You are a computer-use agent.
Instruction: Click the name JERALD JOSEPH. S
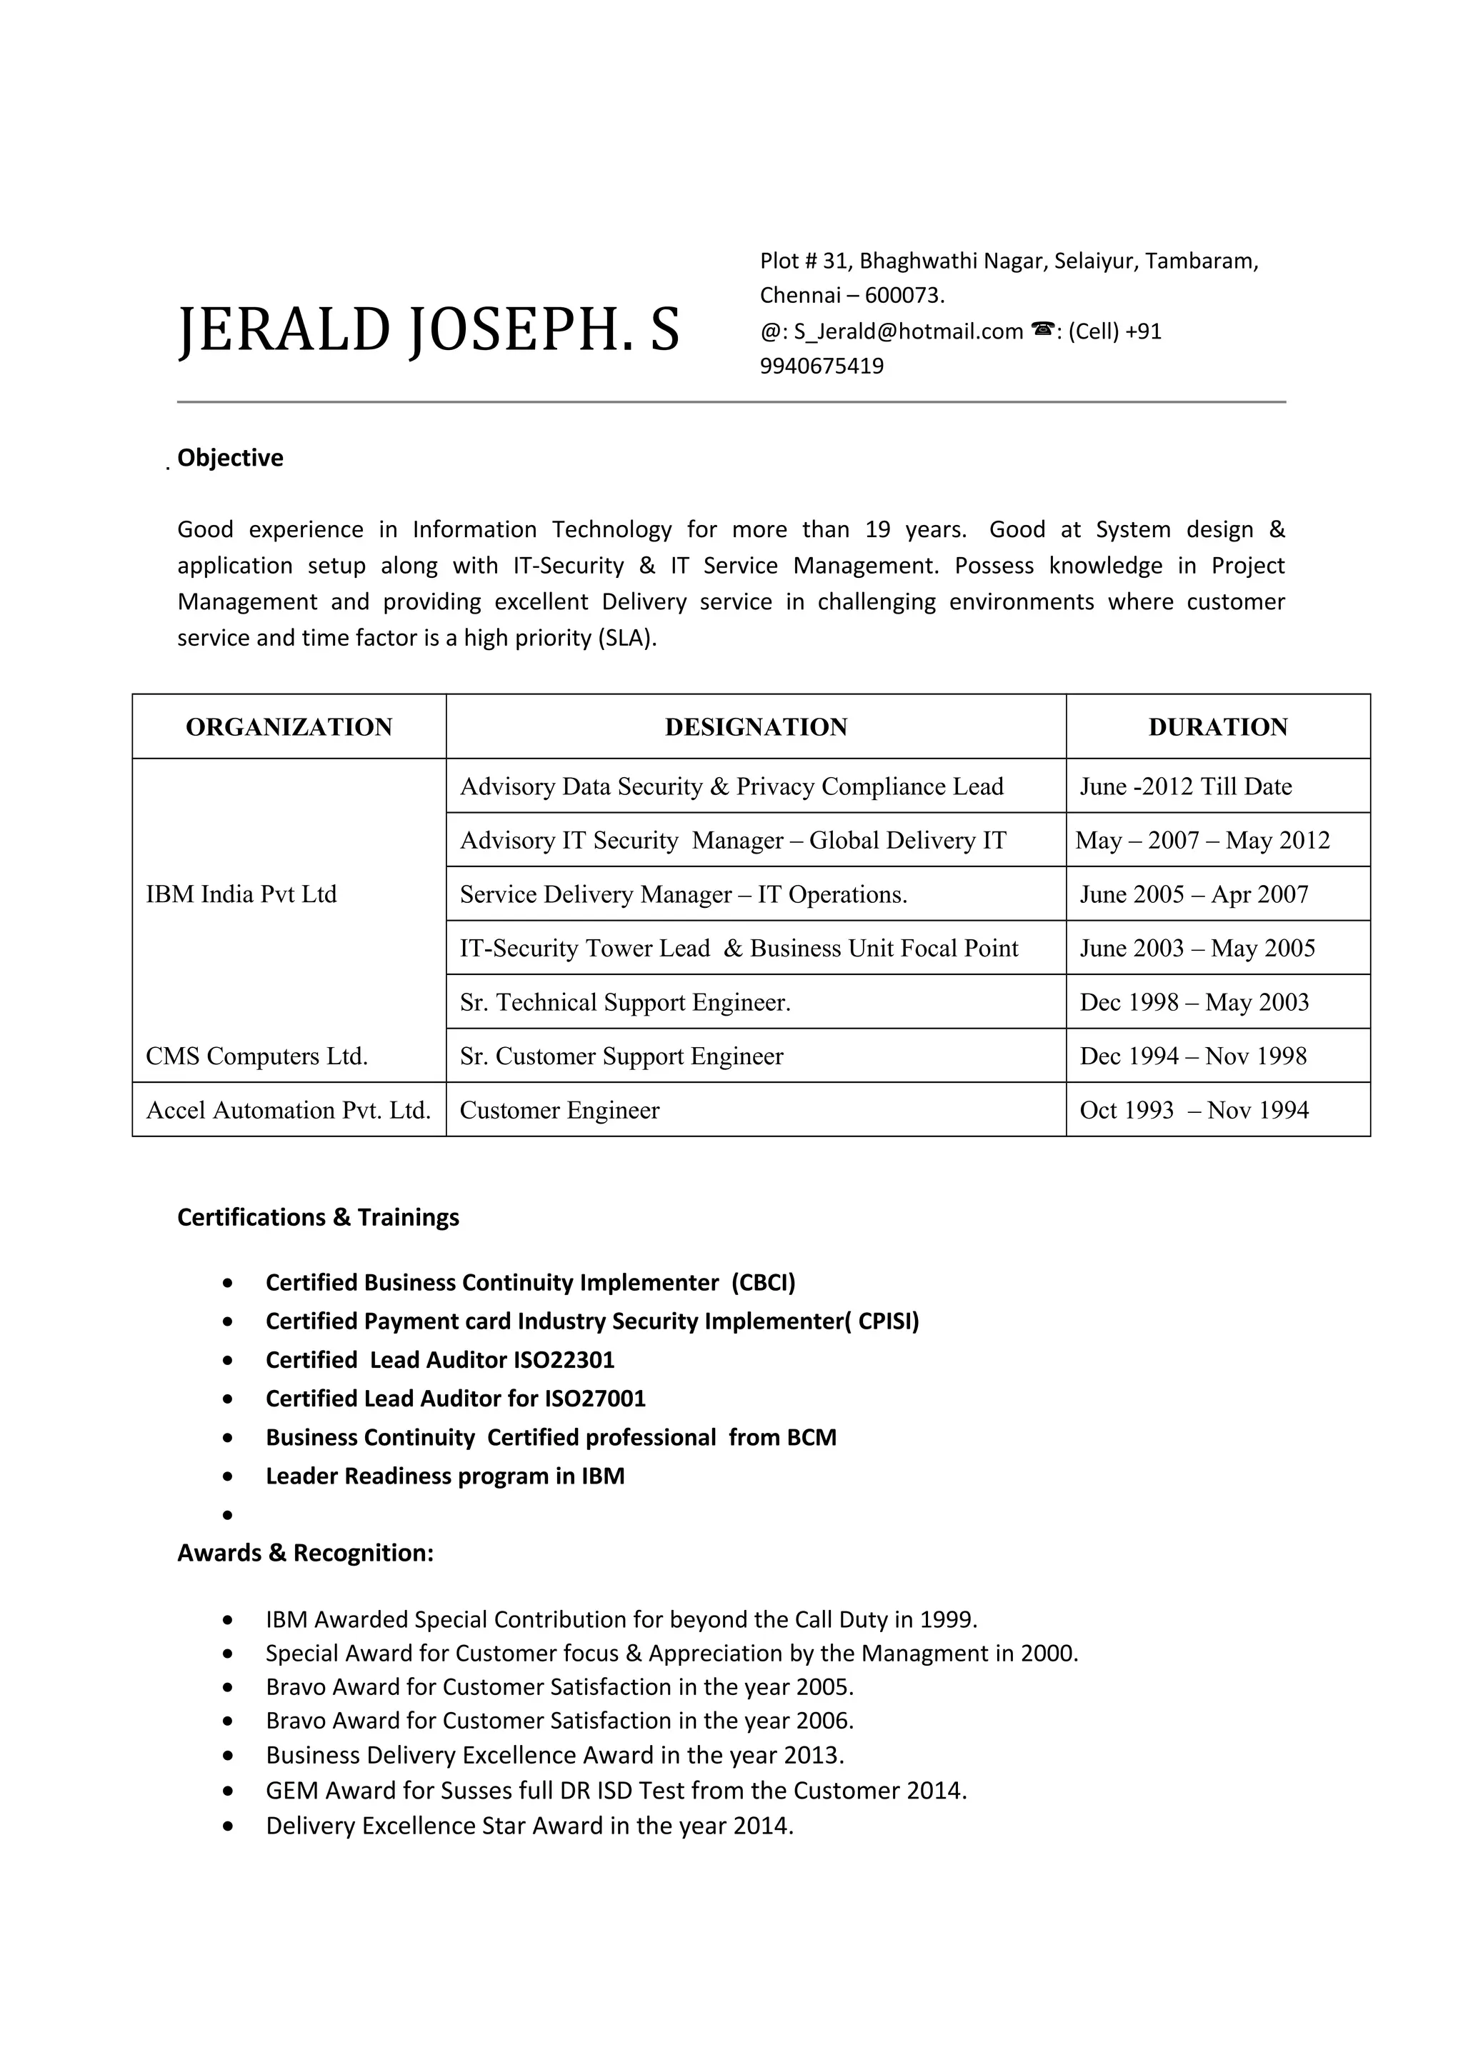pyautogui.click(x=428, y=330)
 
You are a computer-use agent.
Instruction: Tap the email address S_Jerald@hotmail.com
pyautogui.click(x=908, y=331)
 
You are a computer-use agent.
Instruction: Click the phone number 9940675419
pyautogui.click(x=822, y=366)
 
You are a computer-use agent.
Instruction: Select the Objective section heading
pyautogui.click(x=230, y=458)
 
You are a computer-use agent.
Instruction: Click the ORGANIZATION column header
pyautogui.click(x=289, y=726)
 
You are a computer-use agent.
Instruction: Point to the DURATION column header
pyautogui.click(x=1217, y=726)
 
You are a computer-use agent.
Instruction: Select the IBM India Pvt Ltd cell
pyautogui.click(x=241, y=894)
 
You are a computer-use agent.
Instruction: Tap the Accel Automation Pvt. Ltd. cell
pyautogui.click(x=289, y=1110)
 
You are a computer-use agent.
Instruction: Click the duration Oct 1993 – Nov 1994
pyautogui.click(x=1194, y=1110)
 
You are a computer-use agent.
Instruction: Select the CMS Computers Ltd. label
pyautogui.click(x=257, y=1056)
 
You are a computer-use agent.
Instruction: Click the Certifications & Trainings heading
pyautogui.click(x=318, y=1217)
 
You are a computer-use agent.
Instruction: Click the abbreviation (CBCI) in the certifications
pyautogui.click(x=763, y=1282)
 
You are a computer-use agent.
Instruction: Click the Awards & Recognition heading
pyautogui.click(x=306, y=1553)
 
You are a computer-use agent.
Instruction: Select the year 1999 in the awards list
pyautogui.click(x=946, y=1619)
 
